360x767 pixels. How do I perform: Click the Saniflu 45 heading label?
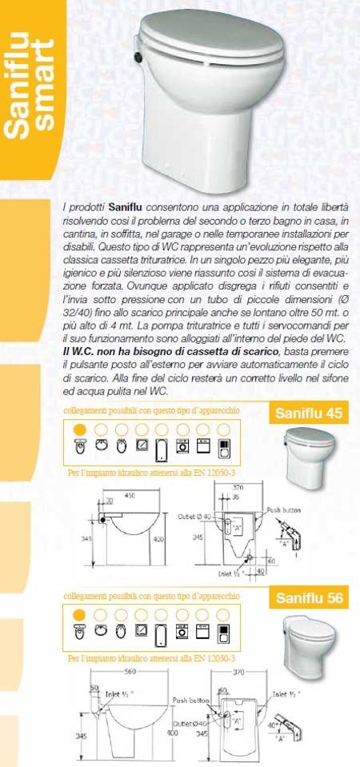(308, 413)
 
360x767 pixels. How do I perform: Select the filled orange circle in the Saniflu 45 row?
(79, 429)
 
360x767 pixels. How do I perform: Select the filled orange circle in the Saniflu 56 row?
(79, 613)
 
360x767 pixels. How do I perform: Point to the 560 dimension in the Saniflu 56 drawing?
(131, 673)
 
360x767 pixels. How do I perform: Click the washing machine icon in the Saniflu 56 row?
(182, 631)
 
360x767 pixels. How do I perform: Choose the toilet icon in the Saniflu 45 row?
(79, 446)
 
